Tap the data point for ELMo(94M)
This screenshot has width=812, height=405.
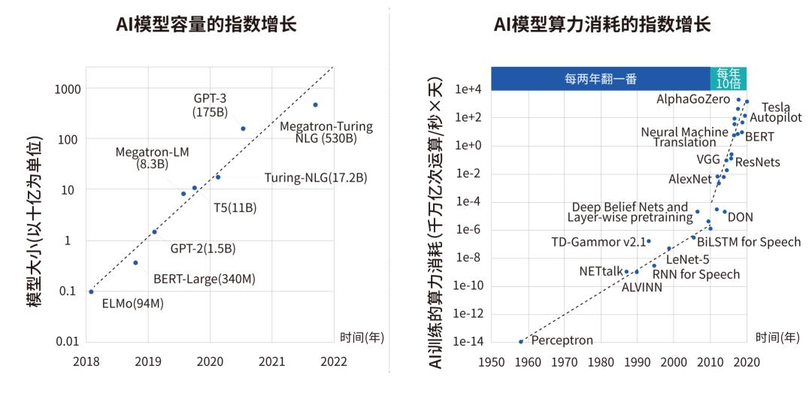tap(91, 292)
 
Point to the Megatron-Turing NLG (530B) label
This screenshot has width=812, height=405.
tap(326, 132)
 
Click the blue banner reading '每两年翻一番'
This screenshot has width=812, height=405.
tap(600, 78)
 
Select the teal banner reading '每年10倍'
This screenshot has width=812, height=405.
tap(728, 78)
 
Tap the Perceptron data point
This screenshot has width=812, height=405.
tap(520, 342)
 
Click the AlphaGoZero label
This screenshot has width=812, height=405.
tap(693, 99)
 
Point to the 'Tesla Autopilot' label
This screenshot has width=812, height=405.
tap(776, 112)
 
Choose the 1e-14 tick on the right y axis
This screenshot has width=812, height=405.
tap(467, 342)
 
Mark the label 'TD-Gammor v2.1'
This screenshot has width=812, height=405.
tap(598, 242)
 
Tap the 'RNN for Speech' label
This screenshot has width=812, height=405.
tap(695, 274)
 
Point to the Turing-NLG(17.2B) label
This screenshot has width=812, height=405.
tap(315, 178)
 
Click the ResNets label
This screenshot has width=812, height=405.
tap(757, 162)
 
